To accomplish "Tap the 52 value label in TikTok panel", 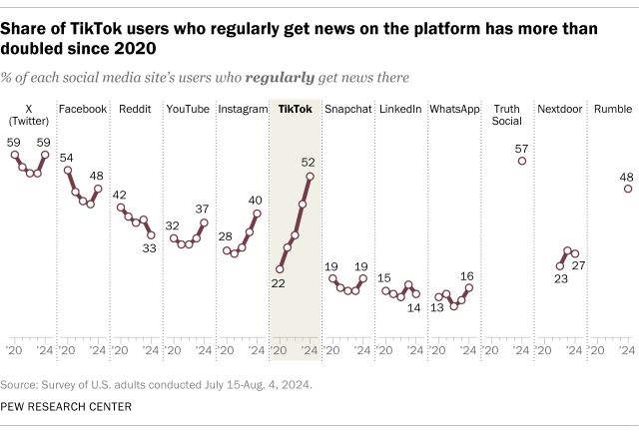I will point(310,162).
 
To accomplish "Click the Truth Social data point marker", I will point(521,161).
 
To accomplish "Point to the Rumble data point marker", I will point(627,188).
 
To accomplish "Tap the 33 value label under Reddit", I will point(150,249).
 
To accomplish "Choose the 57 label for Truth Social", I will point(521,148).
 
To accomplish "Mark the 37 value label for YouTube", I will point(203,209).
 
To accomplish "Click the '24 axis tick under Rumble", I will point(626,351).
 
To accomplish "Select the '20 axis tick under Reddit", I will point(123,351).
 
